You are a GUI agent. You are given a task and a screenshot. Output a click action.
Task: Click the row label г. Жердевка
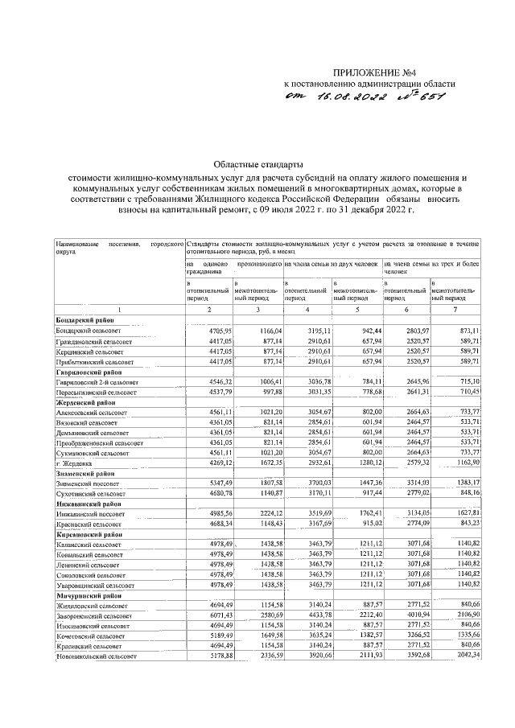click(75, 463)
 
